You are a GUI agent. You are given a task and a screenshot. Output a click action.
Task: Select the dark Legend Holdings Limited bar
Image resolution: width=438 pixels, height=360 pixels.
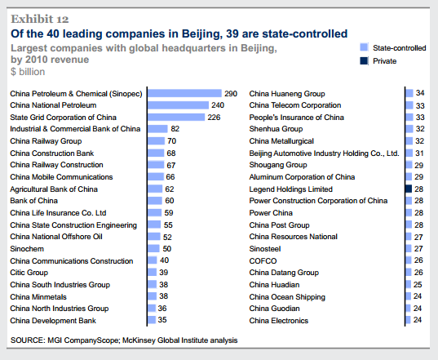point(409,189)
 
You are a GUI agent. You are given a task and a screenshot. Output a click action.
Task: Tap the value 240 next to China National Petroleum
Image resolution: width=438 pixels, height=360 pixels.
point(218,105)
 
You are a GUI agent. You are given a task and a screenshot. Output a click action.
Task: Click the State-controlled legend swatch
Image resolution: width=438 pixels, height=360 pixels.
point(364,48)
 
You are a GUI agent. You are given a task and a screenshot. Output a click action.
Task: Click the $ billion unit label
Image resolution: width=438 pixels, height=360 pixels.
point(27,72)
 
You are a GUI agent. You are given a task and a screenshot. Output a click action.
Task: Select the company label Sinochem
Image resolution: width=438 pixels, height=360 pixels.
point(28,248)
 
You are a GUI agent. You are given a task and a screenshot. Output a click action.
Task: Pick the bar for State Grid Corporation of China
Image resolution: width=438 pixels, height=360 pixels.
point(175,118)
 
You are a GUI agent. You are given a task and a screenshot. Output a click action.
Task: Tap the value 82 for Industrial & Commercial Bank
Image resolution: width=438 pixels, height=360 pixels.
point(175,129)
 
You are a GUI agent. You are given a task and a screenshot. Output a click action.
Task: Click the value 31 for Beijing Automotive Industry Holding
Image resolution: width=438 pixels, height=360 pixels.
point(419,153)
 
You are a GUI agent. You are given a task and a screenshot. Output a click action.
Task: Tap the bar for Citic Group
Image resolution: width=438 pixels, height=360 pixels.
point(151,273)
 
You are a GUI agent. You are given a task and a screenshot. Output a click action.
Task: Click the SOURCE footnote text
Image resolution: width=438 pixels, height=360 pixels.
point(122,340)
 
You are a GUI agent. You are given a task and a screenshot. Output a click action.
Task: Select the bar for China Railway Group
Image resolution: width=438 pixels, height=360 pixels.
point(156,141)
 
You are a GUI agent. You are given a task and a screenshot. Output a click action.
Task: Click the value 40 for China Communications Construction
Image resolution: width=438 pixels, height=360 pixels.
point(164,260)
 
